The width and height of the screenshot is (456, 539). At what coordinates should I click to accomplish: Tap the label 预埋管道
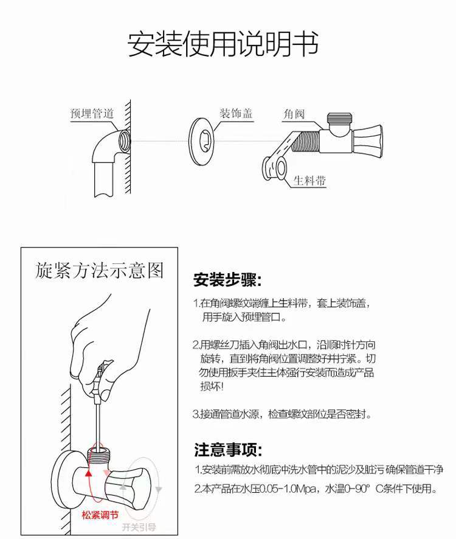tap(92, 114)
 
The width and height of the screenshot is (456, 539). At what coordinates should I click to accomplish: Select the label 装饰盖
tap(236, 114)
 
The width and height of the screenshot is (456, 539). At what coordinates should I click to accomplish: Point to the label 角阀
tap(294, 114)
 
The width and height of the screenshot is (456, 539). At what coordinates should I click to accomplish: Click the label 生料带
tap(309, 181)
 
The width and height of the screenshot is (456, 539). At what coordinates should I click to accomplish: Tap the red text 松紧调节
tap(100, 515)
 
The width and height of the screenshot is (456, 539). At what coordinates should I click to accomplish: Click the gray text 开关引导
tap(139, 527)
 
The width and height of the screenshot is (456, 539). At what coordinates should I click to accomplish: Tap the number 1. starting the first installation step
tap(196, 303)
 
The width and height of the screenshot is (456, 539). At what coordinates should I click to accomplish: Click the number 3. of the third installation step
tap(196, 414)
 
